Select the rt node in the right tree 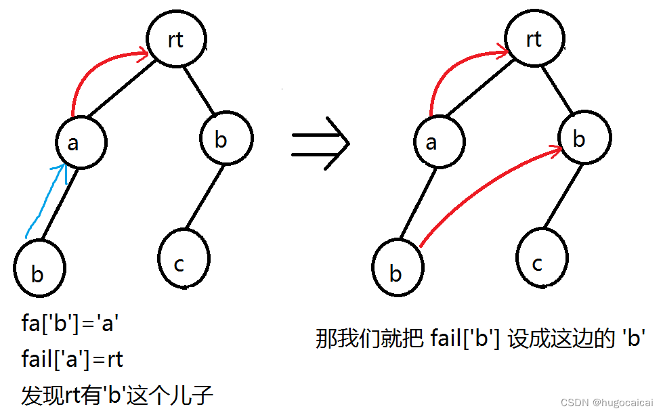pyautogui.click(x=533, y=40)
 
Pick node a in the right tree pyautogui.click(x=439, y=142)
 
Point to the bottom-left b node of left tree pyautogui.click(x=39, y=271)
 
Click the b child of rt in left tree pyautogui.click(x=226, y=139)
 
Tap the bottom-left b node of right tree pyautogui.click(x=397, y=271)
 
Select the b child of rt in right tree pyautogui.click(x=584, y=139)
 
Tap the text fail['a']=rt pyautogui.click(x=72, y=359)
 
